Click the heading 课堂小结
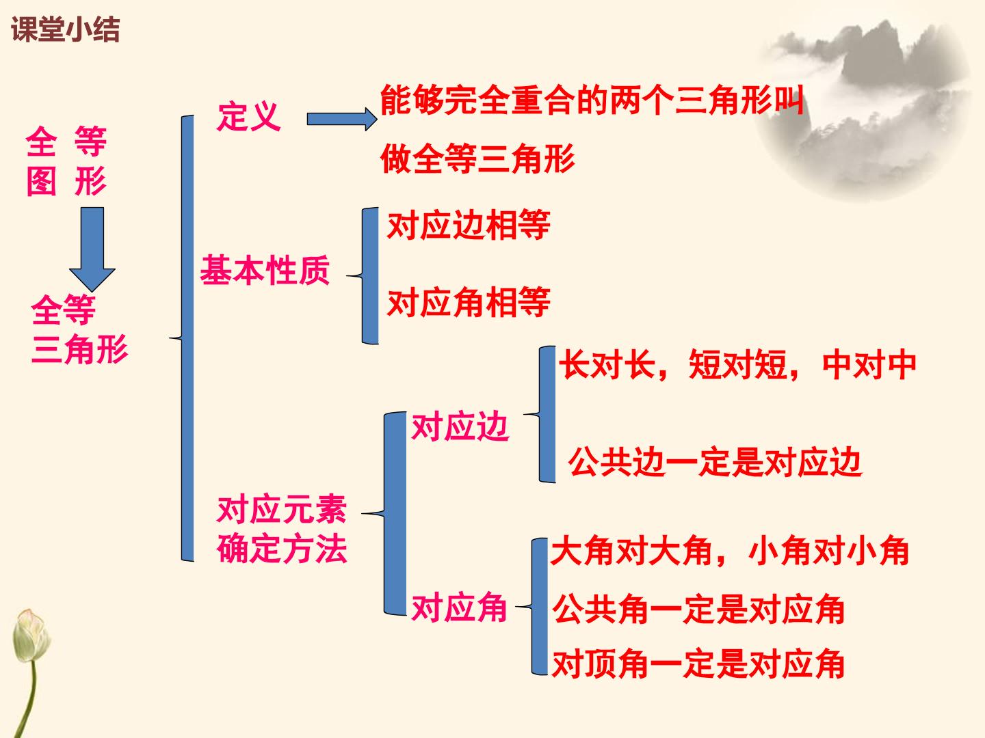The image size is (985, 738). click(x=66, y=30)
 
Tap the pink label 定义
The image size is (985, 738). click(x=249, y=117)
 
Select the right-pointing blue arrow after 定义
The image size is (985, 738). click(x=342, y=119)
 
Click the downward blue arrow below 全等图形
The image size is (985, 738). click(x=92, y=249)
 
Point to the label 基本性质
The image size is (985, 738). click(x=265, y=270)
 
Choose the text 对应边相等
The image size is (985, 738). click(x=469, y=225)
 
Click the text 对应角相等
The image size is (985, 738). click(x=469, y=303)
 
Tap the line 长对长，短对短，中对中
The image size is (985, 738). click(x=737, y=365)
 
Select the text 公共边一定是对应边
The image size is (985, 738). click(x=714, y=461)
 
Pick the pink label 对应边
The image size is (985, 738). click(x=460, y=426)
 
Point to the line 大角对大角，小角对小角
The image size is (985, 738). click(x=730, y=551)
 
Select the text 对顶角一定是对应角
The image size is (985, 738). click(x=698, y=664)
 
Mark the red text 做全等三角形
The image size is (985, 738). click(x=477, y=159)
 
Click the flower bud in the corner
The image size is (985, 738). click(x=31, y=635)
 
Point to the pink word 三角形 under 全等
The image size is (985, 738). click(x=80, y=348)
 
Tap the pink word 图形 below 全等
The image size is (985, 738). click(x=66, y=181)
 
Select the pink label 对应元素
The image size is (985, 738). click(x=282, y=510)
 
